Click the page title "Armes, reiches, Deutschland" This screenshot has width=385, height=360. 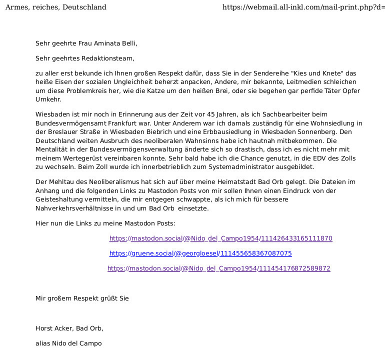(x=55, y=7)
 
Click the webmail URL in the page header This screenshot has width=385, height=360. (x=303, y=7)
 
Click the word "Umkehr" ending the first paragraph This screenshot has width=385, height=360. (x=47, y=99)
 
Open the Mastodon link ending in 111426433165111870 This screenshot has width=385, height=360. (x=220, y=238)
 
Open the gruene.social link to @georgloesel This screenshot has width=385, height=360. (x=200, y=253)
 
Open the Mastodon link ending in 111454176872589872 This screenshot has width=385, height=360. (x=218, y=268)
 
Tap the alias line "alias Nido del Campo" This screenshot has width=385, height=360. (x=68, y=343)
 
